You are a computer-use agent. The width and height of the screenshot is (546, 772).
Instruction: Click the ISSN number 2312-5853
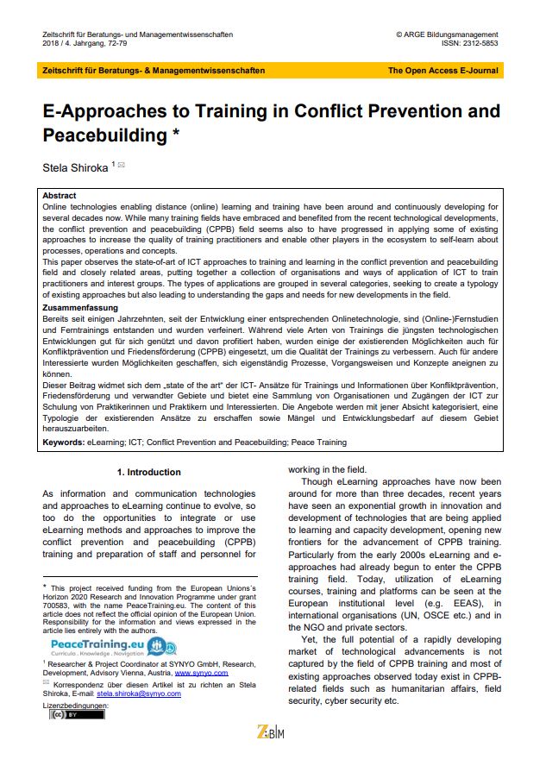(x=478, y=43)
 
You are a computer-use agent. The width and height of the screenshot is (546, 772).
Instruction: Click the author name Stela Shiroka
(x=75, y=165)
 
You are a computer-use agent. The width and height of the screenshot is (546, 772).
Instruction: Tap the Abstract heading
(x=60, y=196)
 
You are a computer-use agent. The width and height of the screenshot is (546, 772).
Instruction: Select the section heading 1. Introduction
(x=148, y=472)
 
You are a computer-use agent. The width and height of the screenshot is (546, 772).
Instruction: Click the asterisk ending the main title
(x=176, y=135)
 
